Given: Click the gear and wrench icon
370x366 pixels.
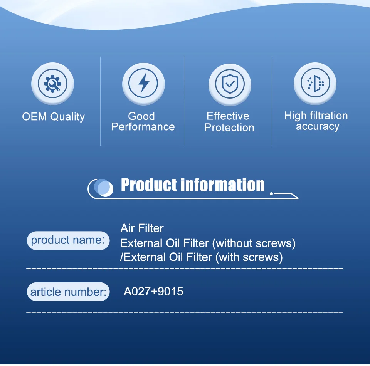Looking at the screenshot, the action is click(x=53, y=84).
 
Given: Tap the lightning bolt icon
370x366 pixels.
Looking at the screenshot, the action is click(x=143, y=83).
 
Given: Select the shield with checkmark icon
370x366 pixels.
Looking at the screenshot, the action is click(x=230, y=84).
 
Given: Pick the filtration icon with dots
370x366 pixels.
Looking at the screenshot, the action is click(x=315, y=83).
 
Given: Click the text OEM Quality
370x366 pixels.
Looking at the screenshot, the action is click(x=53, y=117).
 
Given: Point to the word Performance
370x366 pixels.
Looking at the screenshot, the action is click(x=143, y=127).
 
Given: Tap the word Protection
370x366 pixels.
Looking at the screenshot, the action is click(x=229, y=128).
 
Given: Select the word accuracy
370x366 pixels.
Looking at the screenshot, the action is click(x=318, y=127).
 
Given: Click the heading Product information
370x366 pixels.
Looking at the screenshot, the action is click(x=193, y=185).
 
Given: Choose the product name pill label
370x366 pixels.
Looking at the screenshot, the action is click(x=68, y=240).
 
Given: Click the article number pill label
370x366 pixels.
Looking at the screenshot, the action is click(x=68, y=292).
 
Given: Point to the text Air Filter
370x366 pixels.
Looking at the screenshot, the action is click(x=142, y=228).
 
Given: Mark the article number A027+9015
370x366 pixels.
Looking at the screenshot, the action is click(x=154, y=292).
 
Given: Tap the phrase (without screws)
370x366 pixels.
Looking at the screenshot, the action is click(x=254, y=243).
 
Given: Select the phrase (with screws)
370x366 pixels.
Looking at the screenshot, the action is click(x=249, y=257).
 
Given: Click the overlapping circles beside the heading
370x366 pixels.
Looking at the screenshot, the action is click(x=103, y=188).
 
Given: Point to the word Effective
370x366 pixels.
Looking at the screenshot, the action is click(x=228, y=116).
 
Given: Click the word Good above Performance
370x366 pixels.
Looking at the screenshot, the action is click(x=141, y=116).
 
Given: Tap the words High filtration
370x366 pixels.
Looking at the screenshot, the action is click(x=316, y=116).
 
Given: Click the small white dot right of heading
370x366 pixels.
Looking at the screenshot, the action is click(x=271, y=194).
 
